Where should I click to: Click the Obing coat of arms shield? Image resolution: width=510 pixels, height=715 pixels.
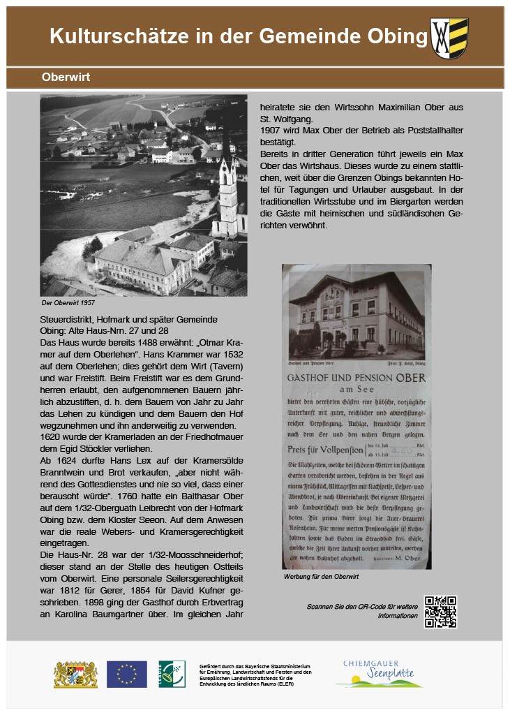pos(449,37)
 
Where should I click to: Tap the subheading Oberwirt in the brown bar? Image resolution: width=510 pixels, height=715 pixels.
pos(66,78)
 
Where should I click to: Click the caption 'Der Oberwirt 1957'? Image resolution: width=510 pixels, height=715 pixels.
pos(68,303)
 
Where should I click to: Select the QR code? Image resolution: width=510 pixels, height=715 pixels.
pos(440,612)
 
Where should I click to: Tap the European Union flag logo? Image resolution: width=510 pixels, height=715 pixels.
pos(126,675)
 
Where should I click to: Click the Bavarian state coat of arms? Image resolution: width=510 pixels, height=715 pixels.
pos(75,675)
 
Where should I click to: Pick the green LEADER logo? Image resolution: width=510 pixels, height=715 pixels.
pos(172,674)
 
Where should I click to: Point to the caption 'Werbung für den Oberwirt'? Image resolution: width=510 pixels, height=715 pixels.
pos(321,577)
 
